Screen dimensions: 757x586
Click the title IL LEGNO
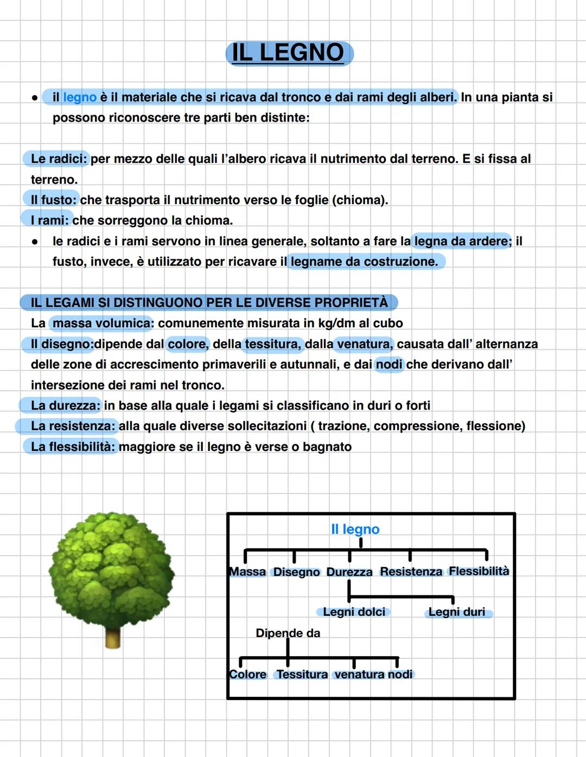(289, 53)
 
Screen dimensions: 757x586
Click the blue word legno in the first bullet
(80, 98)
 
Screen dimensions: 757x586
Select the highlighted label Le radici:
(58, 159)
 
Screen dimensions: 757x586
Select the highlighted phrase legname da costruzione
(364, 262)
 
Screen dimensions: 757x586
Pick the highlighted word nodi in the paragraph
(389, 365)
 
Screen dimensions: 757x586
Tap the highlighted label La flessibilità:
(73, 447)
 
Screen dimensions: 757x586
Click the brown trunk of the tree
(113, 637)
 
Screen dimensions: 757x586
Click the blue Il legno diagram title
(355, 529)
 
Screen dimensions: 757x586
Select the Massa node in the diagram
(247, 572)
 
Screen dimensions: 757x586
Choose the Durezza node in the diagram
(349, 572)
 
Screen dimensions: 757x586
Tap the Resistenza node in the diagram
(411, 572)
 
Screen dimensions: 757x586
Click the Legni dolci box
(354, 612)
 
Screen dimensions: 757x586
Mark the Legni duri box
(457, 612)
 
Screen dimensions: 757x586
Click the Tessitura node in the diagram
(302, 675)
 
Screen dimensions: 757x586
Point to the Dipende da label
(288, 633)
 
